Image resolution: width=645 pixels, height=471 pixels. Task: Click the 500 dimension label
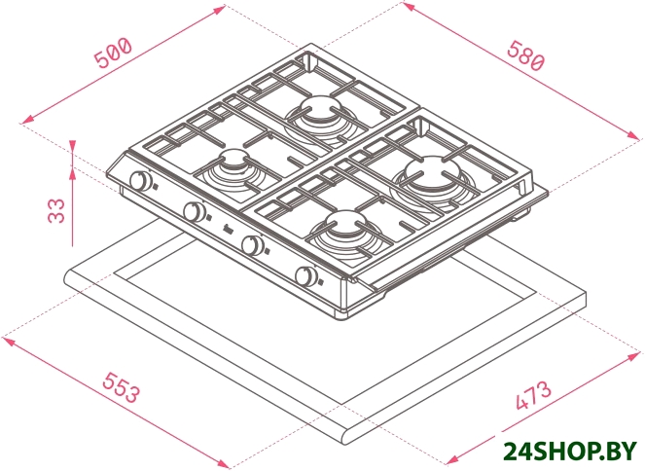[x=113, y=53]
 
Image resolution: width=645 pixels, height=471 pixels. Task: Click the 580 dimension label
[x=526, y=55]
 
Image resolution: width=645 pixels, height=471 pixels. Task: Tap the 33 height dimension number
[x=56, y=210]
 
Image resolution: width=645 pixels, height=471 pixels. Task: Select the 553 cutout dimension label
[x=122, y=387]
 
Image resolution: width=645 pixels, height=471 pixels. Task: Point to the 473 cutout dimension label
[x=533, y=395]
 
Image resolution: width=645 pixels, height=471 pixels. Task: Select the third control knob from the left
[x=253, y=244]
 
